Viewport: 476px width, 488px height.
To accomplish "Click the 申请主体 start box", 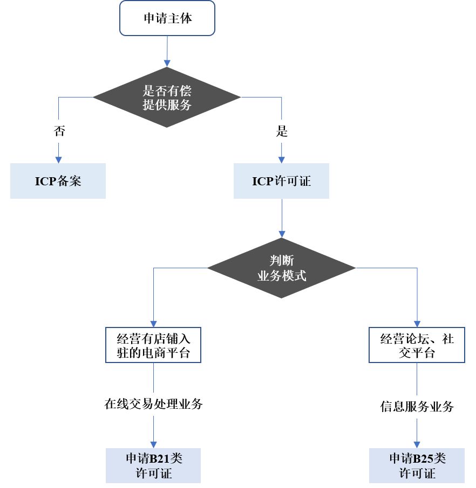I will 167,18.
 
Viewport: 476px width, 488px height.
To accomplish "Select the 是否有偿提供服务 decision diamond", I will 167,97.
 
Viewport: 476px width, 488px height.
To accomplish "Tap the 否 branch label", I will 59,131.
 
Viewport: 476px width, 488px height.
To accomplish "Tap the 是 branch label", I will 281,131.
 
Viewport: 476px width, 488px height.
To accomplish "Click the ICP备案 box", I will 58,181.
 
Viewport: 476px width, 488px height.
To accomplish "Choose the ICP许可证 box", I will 281,181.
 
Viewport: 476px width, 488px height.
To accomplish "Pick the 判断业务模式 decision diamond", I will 281,268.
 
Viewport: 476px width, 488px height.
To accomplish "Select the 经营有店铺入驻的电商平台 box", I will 154,346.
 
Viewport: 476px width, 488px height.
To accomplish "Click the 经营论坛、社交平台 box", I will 417,346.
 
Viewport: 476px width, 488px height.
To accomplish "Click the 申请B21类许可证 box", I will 154,465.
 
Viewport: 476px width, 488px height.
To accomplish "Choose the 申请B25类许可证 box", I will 417,465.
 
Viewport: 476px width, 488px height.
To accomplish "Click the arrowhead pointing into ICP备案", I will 59,160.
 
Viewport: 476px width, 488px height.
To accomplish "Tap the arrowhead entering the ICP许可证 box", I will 281,160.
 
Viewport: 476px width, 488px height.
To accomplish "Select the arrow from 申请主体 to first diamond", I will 167,51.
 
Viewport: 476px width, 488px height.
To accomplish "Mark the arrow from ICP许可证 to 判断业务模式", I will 281,218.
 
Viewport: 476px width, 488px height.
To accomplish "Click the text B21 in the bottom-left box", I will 159,458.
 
